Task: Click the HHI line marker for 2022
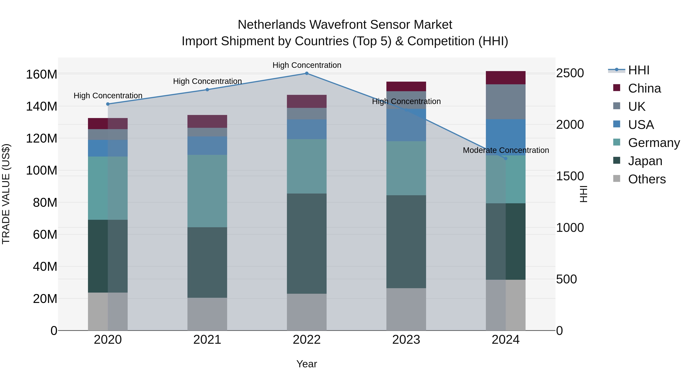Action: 307,73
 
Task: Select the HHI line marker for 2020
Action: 108,104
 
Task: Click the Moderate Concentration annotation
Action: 506,150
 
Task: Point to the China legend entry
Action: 644,88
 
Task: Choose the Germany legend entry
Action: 654,143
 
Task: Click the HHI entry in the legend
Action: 638,70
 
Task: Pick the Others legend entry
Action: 647,179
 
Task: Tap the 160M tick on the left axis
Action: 42,75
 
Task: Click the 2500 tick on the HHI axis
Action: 570,73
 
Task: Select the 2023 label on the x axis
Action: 406,340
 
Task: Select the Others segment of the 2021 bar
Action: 207,314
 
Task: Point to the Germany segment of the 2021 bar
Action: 207,191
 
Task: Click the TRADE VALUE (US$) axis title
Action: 6,194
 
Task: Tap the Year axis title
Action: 307,364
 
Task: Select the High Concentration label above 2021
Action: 207,81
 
